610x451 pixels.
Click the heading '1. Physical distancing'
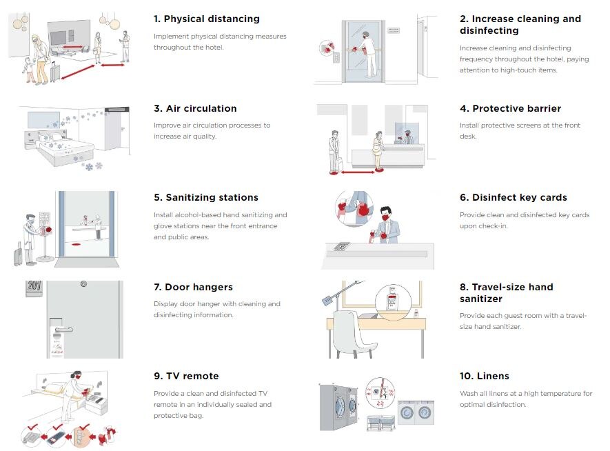click(x=206, y=19)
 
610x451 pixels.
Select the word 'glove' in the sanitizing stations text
click(x=165, y=226)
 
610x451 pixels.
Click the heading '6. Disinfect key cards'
click(x=514, y=197)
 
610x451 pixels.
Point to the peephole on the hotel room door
click(x=83, y=283)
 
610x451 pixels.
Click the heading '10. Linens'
click(x=485, y=376)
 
